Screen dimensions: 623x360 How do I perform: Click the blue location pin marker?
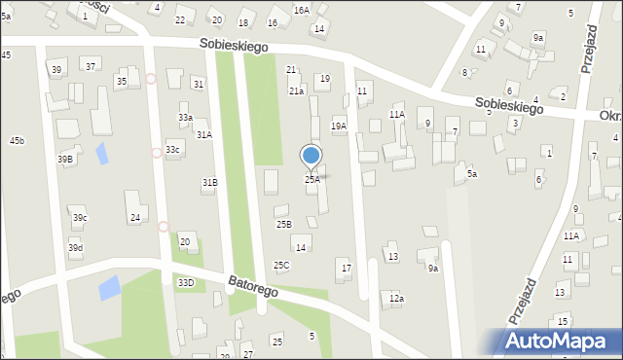tap(311, 156)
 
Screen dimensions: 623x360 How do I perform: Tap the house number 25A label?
tap(311, 179)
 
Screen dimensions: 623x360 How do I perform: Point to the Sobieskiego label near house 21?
tap(235, 45)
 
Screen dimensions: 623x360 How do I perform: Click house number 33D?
tap(185, 282)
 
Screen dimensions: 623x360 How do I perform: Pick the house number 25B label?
tap(283, 224)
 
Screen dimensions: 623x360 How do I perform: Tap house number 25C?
tap(280, 265)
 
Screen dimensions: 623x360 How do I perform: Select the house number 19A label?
tap(339, 126)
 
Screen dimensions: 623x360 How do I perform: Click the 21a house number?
tap(296, 90)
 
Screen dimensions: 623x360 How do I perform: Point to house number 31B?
tap(209, 182)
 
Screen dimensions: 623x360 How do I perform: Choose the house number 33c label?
tap(172, 149)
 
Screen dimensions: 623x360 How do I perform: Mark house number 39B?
tap(64, 159)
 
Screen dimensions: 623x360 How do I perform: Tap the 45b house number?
tap(17, 141)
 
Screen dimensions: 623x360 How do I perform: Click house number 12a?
tap(395, 298)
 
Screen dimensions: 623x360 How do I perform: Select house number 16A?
tap(302, 10)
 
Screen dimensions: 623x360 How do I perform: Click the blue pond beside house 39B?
tap(101, 153)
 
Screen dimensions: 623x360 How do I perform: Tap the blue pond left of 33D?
tap(109, 287)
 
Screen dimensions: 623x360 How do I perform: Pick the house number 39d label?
tap(75, 248)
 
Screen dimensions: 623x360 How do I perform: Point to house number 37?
tap(91, 66)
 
